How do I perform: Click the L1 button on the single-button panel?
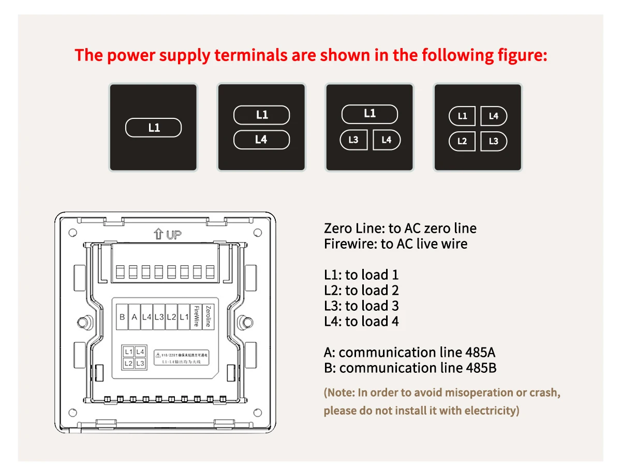point(154,128)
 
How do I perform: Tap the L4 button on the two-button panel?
point(261,140)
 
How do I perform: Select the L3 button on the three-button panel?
point(353,140)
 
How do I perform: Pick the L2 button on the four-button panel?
point(462,141)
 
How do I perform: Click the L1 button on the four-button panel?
point(462,116)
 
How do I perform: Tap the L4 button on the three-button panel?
point(387,140)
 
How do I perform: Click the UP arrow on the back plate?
point(158,235)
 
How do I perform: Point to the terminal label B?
point(123,317)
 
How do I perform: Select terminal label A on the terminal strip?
point(135,317)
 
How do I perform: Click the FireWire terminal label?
point(197,316)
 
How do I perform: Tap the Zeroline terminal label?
point(208,316)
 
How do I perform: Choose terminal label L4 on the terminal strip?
point(146,317)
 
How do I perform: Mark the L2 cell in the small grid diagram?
point(128,363)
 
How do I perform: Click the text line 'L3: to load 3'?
point(361,306)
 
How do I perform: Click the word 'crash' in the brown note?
point(544,392)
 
